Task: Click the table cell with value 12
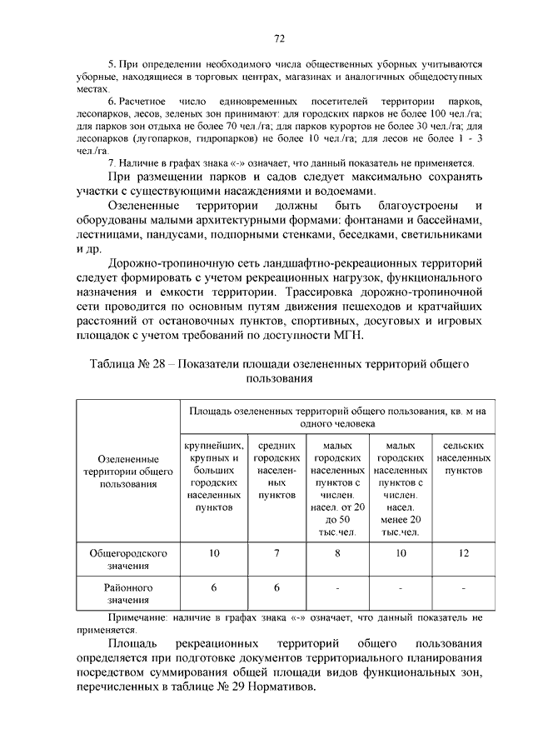coord(463,553)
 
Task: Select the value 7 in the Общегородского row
coord(276,553)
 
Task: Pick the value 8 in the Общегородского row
coord(338,553)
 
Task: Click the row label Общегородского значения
coord(127,559)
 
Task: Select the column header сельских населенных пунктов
coord(463,458)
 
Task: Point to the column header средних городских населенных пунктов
coord(276,470)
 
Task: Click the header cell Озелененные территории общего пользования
coord(127,471)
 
